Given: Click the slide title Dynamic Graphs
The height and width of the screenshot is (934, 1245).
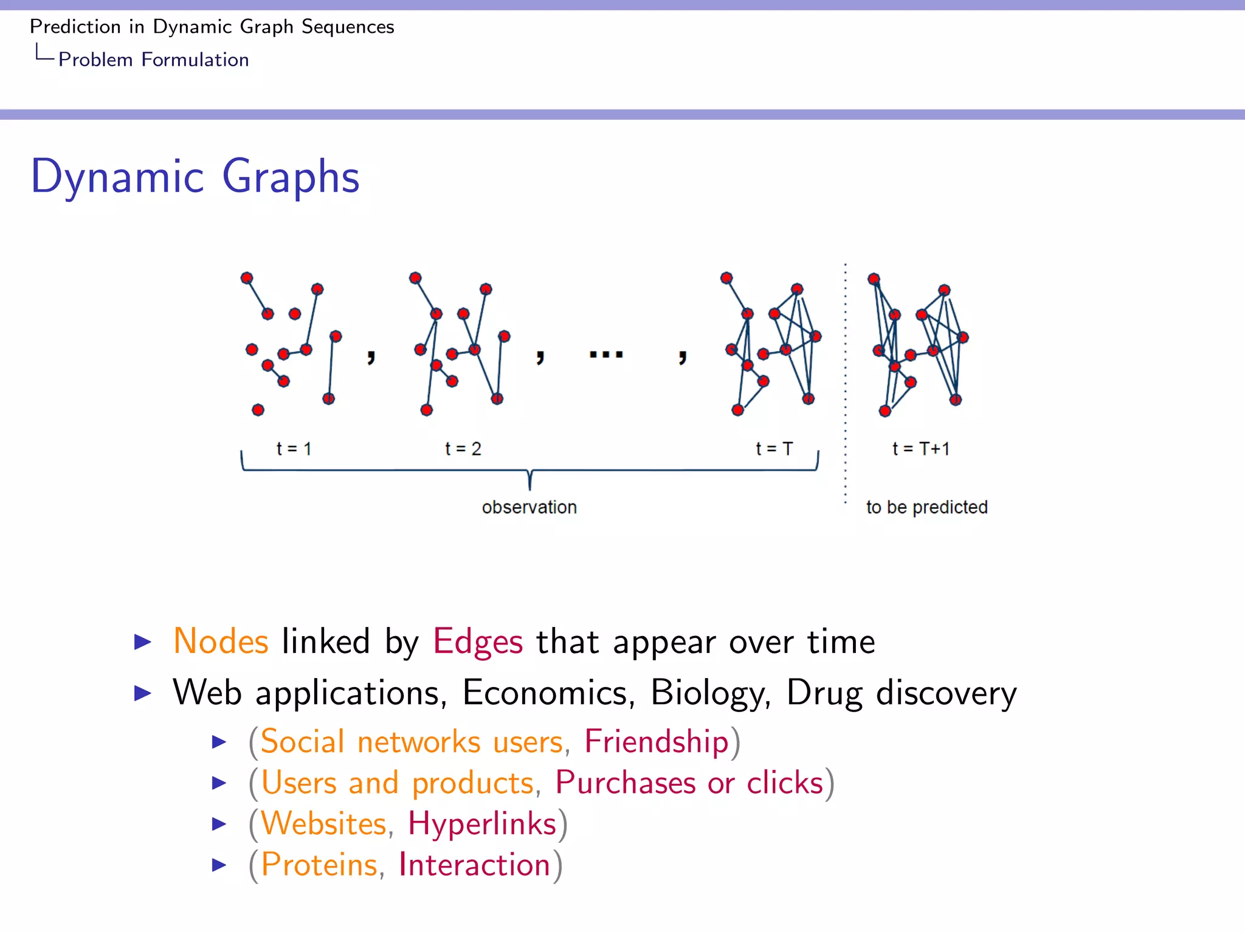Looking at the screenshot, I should (x=195, y=176).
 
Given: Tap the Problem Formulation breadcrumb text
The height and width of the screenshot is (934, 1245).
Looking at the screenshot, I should (x=153, y=60).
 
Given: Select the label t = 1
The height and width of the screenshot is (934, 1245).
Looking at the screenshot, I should (x=294, y=449).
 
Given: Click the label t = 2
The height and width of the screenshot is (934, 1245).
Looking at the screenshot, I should (x=463, y=449).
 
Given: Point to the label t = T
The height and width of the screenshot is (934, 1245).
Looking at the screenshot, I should (x=774, y=449).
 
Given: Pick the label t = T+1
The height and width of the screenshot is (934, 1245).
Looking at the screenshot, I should (x=920, y=449).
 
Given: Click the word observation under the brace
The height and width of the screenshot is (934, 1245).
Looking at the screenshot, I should (x=529, y=507).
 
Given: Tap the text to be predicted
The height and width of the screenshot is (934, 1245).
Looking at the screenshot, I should (x=926, y=507).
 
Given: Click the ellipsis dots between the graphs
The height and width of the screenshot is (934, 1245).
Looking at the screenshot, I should (x=606, y=354).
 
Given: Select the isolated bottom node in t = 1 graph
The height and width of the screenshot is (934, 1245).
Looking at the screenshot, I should (x=258, y=410).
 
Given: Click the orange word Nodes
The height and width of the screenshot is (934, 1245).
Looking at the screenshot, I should (x=221, y=642).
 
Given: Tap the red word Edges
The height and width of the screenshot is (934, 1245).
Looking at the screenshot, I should (x=478, y=642).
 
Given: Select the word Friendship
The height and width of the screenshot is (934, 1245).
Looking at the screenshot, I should (x=656, y=742).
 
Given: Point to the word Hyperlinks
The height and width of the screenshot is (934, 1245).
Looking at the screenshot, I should (x=482, y=824).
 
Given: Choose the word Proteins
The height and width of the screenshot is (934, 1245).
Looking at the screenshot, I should (x=319, y=865).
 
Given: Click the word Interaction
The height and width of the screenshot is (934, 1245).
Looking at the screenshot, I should (x=474, y=865).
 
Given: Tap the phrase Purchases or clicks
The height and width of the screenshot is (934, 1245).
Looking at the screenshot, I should (x=689, y=783).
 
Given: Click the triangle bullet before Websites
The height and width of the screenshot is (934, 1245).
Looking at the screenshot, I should (x=219, y=824).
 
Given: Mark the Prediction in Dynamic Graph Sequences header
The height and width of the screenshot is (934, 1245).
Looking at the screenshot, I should (x=212, y=27).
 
